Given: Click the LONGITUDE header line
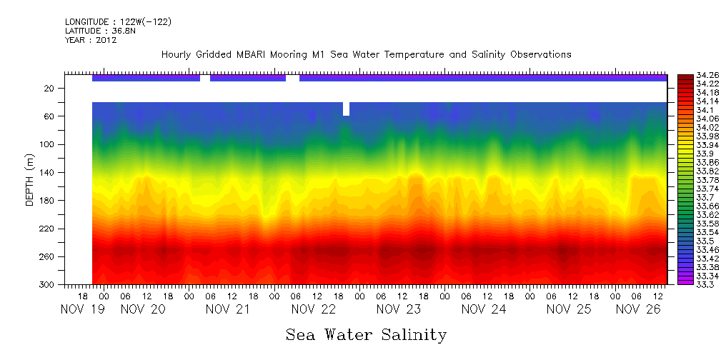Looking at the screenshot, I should coord(118,22).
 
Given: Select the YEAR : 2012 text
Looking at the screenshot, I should coord(91,40).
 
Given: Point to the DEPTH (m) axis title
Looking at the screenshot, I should coord(30,179).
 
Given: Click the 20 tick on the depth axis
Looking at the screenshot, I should coord(49,88).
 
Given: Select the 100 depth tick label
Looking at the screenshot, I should coord(47,144).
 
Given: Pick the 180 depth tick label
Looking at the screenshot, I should coord(47,201).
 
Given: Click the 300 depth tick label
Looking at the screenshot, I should coord(47,285).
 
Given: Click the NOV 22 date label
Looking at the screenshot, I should coord(314,309).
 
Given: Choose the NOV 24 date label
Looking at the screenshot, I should coord(484,309).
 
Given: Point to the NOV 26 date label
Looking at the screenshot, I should coord(637,309).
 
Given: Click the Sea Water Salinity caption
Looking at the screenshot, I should coord(366,334).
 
